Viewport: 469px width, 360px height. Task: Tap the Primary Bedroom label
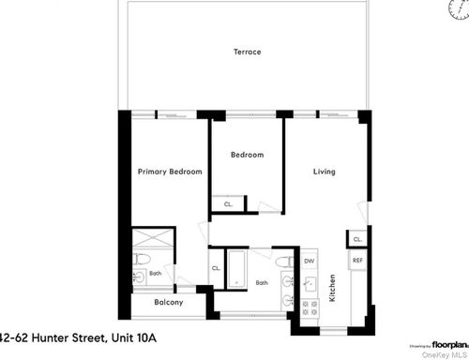pyautogui.click(x=170, y=172)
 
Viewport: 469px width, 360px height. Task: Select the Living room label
pyautogui.click(x=324, y=172)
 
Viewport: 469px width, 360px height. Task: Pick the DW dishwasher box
pyautogui.click(x=309, y=261)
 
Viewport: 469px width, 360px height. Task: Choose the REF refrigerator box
pyautogui.click(x=357, y=260)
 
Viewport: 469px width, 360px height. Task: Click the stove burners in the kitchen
pyautogui.click(x=309, y=306)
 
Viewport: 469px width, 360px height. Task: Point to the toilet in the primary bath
pyautogui.click(x=138, y=260)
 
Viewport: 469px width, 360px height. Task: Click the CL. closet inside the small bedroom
pyautogui.click(x=228, y=203)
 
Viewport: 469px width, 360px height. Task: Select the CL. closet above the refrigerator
pyautogui.click(x=357, y=240)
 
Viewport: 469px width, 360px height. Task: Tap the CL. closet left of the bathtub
pyautogui.click(x=216, y=268)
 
